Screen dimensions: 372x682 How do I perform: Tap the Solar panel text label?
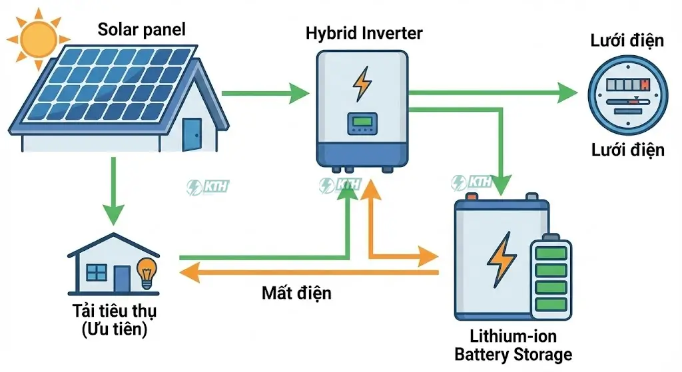(x=141, y=29)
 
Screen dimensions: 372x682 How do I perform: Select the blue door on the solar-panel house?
(x=192, y=134)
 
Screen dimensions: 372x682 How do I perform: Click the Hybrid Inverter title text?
(x=364, y=33)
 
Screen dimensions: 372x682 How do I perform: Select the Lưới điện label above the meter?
(x=627, y=41)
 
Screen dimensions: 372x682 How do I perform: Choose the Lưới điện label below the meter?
(x=627, y=150)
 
